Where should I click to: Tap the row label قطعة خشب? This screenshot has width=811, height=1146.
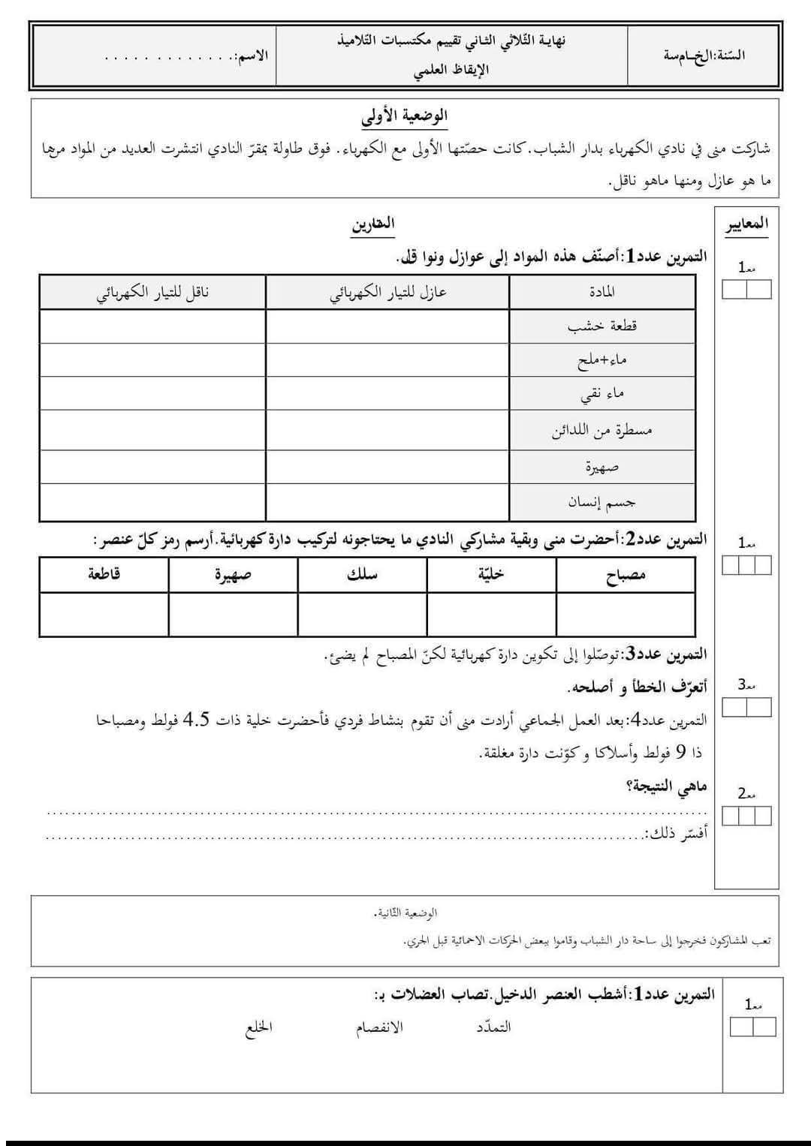click(x=602, y=326)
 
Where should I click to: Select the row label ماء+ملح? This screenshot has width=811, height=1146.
click(x=602, y=360)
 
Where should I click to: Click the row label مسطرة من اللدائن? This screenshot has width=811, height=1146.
click(x=602, y=431)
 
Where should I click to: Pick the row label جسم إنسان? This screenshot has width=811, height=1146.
click(x=602, y=501)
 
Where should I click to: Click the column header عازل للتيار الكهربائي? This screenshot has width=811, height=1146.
click(x=387, y=292)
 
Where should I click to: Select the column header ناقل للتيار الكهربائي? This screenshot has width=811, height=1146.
click(x=152, y=292)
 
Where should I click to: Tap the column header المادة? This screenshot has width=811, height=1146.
click(x=602, y=292)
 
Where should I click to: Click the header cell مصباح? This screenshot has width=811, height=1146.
click(x=626, y=576)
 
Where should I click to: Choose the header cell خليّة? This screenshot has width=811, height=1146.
click(x=491, y=575)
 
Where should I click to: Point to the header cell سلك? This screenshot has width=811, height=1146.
click(x=362, y=575)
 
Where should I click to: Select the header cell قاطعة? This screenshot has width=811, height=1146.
click(x=104, y=575)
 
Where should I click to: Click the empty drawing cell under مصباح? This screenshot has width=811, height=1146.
click(x=626, y=614)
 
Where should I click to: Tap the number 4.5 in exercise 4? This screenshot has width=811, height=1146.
click(x=197, y=720)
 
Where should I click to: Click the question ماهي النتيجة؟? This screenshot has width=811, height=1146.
click(x=666, y=787)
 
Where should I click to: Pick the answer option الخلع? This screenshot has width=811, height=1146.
click(x=259, y=1027)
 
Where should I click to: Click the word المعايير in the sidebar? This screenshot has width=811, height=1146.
click(x=746, y=224)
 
